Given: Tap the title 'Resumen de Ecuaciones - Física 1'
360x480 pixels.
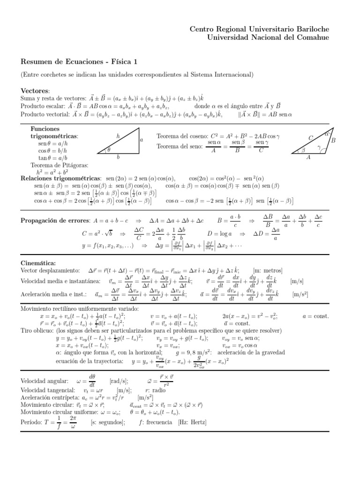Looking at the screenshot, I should (80, 61).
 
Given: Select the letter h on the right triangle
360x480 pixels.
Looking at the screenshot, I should (118, 135).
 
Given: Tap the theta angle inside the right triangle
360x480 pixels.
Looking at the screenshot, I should (109, 150).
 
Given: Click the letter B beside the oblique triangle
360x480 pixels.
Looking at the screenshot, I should (333, 140).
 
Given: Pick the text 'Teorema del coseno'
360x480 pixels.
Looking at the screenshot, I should (183, 135).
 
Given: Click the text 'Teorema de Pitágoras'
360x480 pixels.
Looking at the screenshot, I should (59, 165).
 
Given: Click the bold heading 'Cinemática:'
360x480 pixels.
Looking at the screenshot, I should (38, 263).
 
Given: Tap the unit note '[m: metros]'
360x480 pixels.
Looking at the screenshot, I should (268, 270).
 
